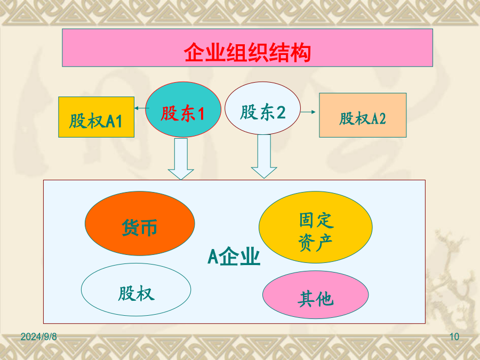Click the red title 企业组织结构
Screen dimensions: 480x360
pos(247,52)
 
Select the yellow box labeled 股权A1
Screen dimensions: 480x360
pos(96,117)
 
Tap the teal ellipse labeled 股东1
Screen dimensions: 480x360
pos(183,109)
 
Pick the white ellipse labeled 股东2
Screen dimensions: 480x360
pos(262,108)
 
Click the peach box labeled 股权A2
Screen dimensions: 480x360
pos(363,115)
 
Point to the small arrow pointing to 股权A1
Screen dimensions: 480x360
pos(141,108)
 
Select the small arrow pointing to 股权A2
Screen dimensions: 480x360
pos(308,112)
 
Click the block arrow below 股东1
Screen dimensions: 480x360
pos(181,158)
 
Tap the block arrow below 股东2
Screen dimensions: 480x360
pos(264,156)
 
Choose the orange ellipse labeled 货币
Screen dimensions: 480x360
pos(140,223)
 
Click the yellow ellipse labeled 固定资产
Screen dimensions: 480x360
pos(316,227)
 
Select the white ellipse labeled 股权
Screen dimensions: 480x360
pos(136,290)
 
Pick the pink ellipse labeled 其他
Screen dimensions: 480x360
pos(316,295)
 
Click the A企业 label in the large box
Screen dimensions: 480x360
pos(234,257)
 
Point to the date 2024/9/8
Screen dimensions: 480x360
pos(38,337)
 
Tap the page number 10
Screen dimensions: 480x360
pos(454,337)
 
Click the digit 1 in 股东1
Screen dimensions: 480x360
pos(201,114)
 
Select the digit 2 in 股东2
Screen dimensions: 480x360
pos(281,113)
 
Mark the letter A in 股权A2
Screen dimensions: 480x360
pos(375,119)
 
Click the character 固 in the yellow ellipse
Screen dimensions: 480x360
pos(307,220)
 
